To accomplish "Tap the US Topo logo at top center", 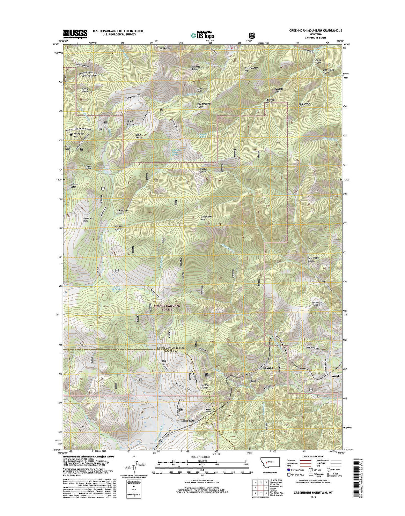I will tap(202, 35).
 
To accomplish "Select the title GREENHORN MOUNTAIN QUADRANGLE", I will tap(318, 30).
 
